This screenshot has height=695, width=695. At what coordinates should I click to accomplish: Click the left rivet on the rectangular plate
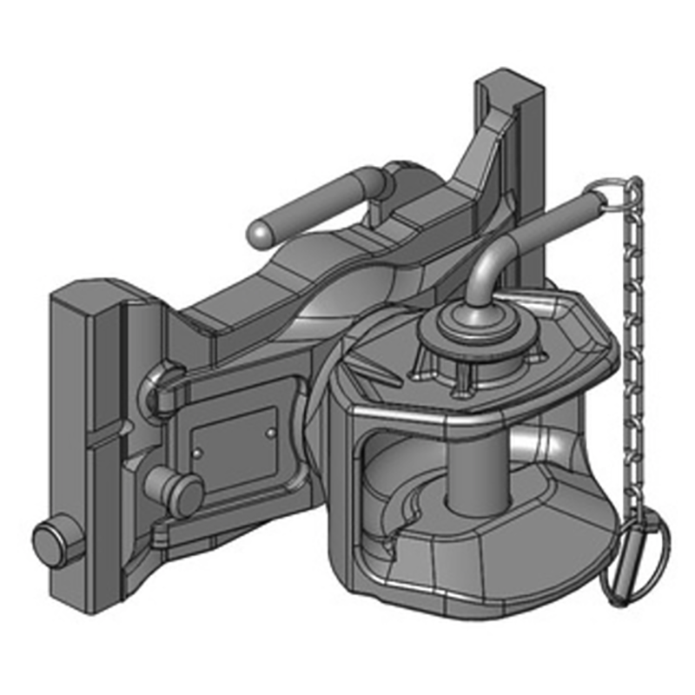point(197,452)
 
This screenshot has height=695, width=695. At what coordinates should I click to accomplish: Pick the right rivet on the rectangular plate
point(272,431)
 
